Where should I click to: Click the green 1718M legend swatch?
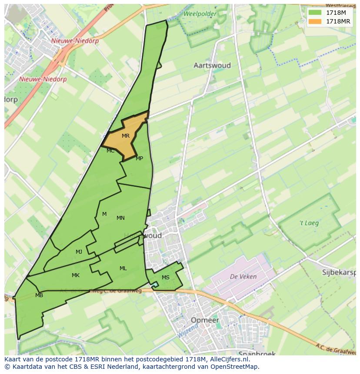(315, 13)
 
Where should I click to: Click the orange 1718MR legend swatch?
(315, 21)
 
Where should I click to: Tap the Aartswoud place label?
(212, 66)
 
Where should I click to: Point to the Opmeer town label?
(204, 320)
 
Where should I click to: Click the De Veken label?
(243, 276)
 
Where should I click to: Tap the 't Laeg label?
(309, 223)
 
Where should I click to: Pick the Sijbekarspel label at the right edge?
(340, 273)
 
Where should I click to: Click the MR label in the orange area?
(126, 136)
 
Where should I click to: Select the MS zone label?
(166, 278)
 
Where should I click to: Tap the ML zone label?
(123, 268)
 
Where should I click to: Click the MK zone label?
(76, 275)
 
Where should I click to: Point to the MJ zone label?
(79, 252)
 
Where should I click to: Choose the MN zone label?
(120, 218)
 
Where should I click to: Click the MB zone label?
(39, 295)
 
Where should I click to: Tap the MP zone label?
(139, 159)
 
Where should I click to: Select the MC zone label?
(110, 151)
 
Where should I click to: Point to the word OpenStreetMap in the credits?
(235, 367)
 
